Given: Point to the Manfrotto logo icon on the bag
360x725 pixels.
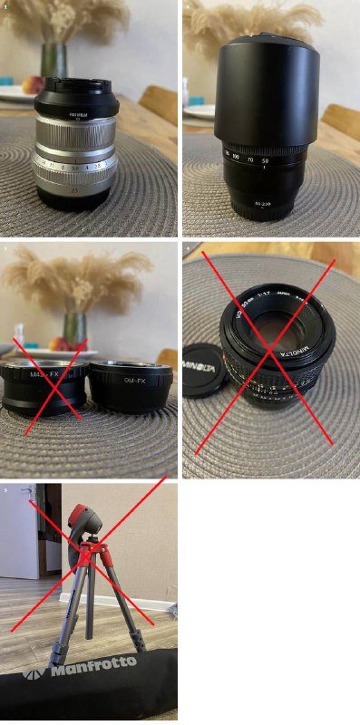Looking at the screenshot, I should point(34,675).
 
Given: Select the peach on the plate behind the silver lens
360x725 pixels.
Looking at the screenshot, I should point(34,84).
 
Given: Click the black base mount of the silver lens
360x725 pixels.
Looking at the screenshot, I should point(75,198).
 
